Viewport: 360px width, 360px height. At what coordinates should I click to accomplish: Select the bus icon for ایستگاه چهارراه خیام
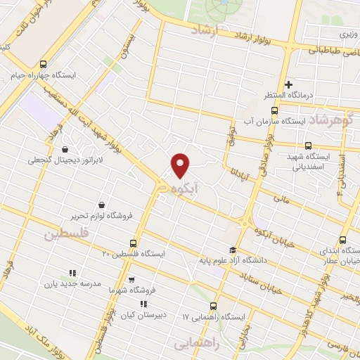[44, 63]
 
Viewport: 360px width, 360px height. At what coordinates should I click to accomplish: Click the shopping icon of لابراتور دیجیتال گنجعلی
[66, 149]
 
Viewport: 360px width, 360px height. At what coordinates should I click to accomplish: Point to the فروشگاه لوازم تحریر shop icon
[102, 205]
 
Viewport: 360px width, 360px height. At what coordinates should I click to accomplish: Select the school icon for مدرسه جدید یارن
[72, 273]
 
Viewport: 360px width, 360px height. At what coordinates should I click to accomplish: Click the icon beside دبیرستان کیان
[143, 304]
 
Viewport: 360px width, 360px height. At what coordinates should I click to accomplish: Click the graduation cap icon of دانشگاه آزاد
[232, 250]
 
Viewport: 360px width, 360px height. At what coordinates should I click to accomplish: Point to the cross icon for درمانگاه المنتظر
[288, 85]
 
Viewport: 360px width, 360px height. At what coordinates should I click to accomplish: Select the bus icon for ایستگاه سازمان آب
[274, 110]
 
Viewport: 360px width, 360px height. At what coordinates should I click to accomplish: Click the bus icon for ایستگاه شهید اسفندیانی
[308, 146]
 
